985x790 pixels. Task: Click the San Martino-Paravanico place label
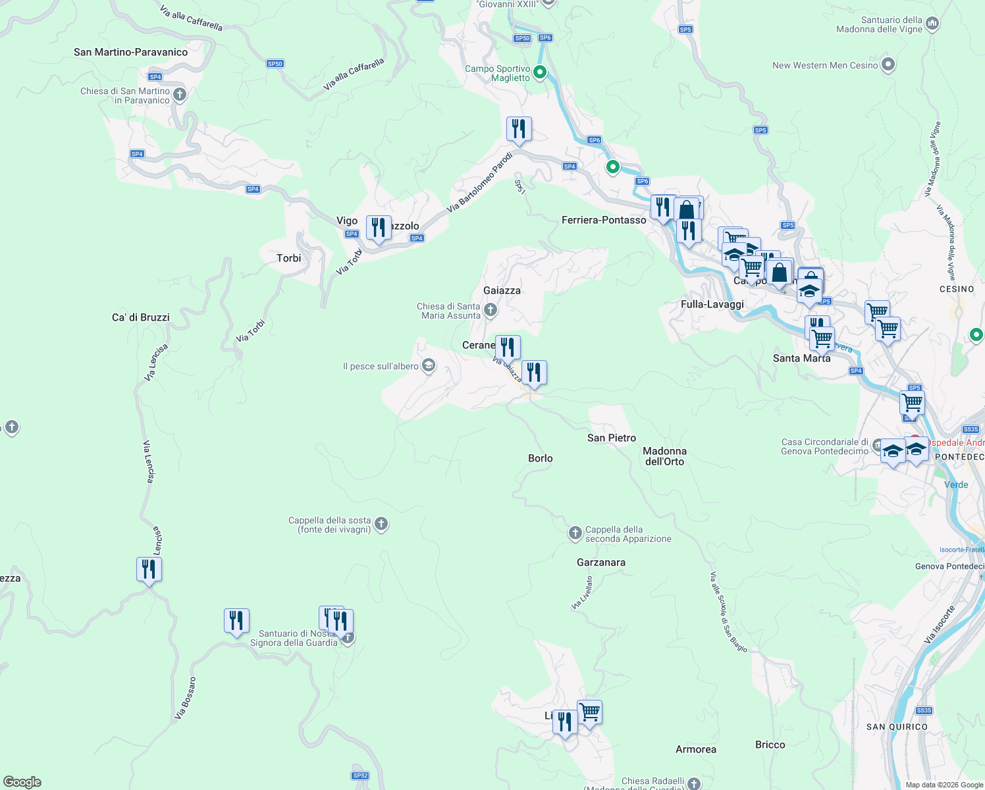[130, 52]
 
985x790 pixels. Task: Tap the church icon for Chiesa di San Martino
[179, 95]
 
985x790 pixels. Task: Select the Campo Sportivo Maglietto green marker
[540, 72]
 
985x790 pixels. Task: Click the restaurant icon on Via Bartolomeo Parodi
[519, 129]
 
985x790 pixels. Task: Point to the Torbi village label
[288, 258]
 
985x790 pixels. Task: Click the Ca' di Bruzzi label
[141, 317]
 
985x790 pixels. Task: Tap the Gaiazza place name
[502, 290]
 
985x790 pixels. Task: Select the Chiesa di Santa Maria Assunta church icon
[490, 309]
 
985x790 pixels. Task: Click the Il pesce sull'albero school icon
[429, 366]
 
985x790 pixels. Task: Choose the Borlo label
[540, 458]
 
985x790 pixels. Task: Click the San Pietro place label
[612, 438]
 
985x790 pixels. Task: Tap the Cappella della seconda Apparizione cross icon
[575, 533]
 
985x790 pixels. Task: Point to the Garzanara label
[600, 562]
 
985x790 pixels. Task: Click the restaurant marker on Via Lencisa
[149, 569]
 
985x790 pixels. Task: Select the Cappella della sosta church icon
[381, 524]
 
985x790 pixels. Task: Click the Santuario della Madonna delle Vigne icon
[932, 24]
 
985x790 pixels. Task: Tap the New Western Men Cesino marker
[888, 65]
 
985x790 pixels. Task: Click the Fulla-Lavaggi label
[712, 304]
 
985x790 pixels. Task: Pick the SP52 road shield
[360, 776]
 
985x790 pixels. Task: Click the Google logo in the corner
[22, 782]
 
